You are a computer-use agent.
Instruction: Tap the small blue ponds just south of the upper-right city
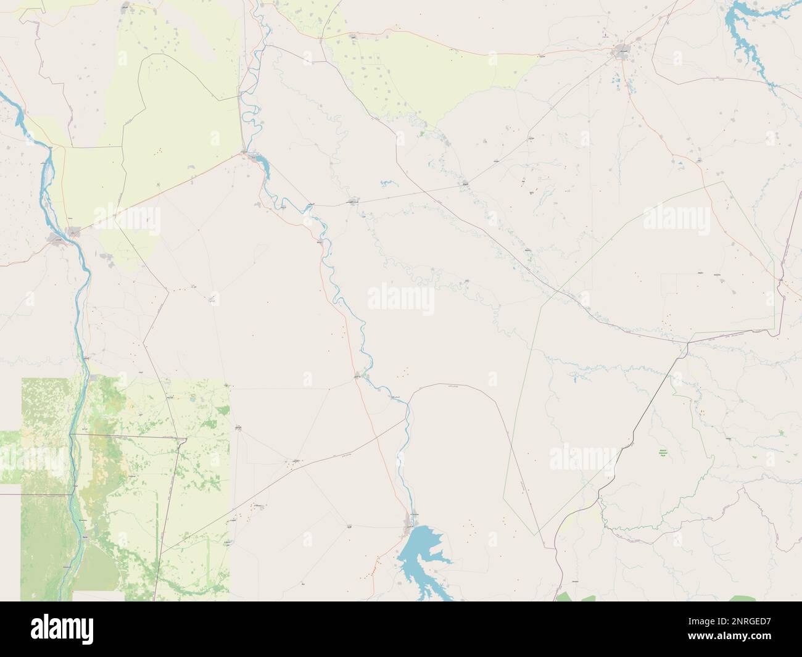618,80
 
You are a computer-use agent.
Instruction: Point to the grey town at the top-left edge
126,7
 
